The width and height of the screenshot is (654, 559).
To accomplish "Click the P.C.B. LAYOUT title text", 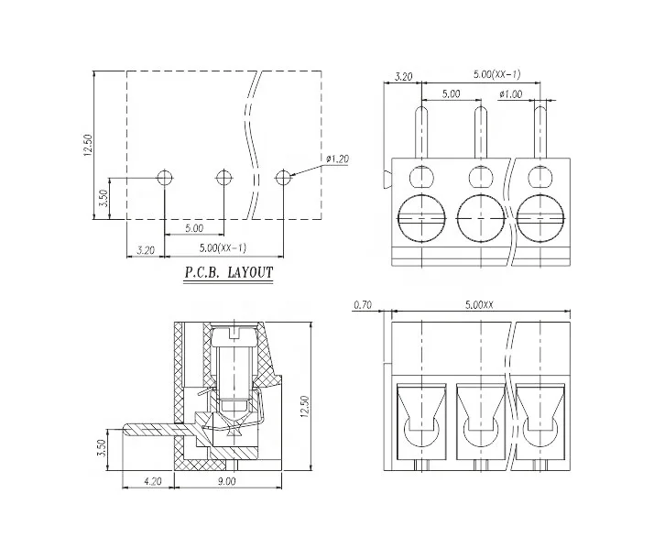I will (229, 272).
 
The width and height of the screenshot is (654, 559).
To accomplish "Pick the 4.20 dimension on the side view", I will (153, 478).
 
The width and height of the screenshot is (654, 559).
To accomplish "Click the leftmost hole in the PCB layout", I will (165, 177).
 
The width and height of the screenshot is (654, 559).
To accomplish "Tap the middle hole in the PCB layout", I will (223, 177).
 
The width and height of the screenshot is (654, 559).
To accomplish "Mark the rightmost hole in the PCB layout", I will (283, 177).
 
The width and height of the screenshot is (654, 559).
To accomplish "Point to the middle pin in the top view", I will (479, 133).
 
